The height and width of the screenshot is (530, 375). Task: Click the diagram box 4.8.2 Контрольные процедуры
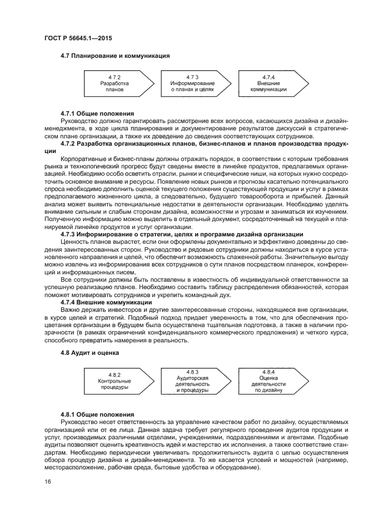pyautogui.click(x=115, y=382)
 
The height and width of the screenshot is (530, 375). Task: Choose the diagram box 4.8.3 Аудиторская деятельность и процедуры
pyautogui.click(x=192, y=382)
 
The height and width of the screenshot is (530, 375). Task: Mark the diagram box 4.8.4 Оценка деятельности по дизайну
pyautogui.click(x=269, y=382)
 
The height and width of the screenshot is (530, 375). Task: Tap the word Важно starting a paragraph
pyautogui.click(x=70, y=309)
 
